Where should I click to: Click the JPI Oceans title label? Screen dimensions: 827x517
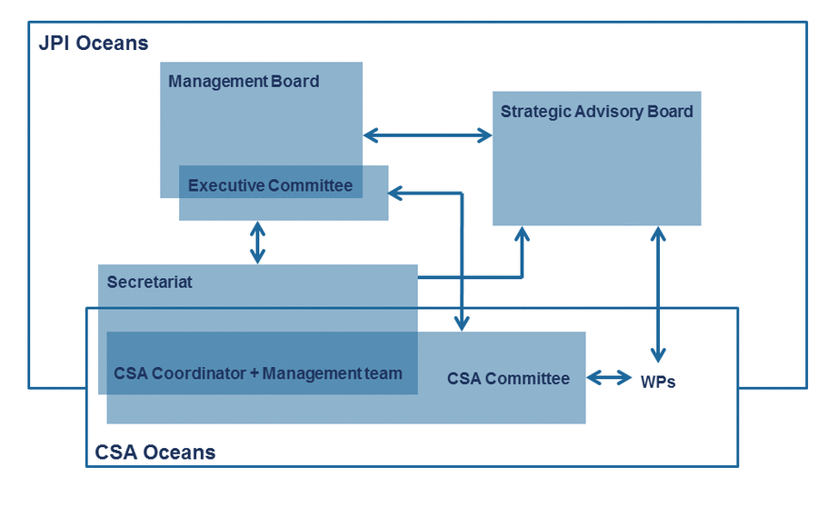click(x=94, y=44)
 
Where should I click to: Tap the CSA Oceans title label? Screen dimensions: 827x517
click(x=155, y=452)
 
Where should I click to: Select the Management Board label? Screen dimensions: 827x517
click(x=244, y=82)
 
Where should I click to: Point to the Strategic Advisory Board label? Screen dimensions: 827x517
click(x=596, y=112)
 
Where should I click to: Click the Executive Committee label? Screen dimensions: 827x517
click(x=270, y=185)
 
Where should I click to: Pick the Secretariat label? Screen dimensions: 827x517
click(x=150, y=283)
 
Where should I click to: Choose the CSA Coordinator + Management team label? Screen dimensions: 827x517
click(x=258, y=373)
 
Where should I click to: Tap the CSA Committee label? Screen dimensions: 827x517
click(x=508, y=379)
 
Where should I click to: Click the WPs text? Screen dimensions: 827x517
click(x=658, y=382)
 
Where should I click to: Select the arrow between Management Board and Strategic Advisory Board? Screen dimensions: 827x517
click(x=428, y=135)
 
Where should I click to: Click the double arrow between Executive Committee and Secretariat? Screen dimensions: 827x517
click(x=257, y=243)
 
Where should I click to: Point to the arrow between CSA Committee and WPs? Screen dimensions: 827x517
click(x=609, y=378)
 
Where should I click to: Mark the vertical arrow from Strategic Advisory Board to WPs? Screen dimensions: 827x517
click(x=658, y=294)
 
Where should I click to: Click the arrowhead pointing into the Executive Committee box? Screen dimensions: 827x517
click(x=396, y=194)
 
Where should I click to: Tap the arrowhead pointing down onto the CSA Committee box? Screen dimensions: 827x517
click(x=462, y=323)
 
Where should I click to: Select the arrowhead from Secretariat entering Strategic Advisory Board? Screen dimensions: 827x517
click(x=523, y=234)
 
